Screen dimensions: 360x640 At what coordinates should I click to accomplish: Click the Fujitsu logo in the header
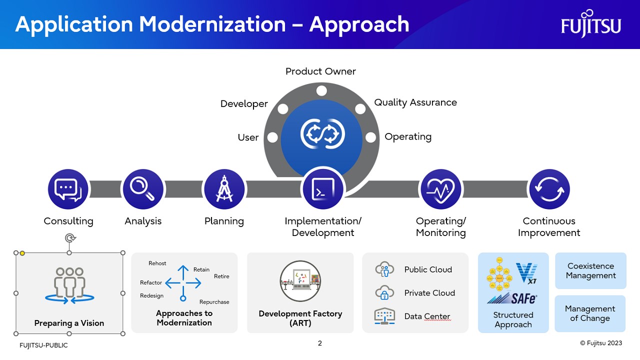pos(590,24)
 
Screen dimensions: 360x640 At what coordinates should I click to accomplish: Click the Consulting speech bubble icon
pos(68,189)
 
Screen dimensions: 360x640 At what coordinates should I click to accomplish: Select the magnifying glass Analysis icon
pos(142,189)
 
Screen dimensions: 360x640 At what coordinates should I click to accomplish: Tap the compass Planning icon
pos(224,189)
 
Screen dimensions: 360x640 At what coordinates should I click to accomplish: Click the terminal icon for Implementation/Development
pos(323,189)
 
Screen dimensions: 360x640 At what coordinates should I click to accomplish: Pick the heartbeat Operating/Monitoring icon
pos(440,189)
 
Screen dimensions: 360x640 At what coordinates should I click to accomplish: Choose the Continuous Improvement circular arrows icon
pos(549,189)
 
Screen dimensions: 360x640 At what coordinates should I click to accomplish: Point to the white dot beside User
pos(273,137)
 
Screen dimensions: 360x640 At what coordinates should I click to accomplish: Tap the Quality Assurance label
pos(415,102)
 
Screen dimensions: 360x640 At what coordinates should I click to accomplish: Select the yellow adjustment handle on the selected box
pos(22,253)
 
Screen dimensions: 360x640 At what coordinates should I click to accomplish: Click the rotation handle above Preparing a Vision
pos(69,238)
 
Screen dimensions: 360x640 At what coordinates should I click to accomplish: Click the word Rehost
pos(157,263)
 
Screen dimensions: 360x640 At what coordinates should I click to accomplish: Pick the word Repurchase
pos(214,302)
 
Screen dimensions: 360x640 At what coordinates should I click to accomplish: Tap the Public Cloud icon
pos(384,270)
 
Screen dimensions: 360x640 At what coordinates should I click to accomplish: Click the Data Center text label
pos(427,316)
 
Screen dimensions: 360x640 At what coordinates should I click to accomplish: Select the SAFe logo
pos(512,298)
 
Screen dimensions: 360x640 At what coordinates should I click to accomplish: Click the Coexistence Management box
pos(590,271)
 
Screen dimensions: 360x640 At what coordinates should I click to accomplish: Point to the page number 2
pos(320,343)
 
